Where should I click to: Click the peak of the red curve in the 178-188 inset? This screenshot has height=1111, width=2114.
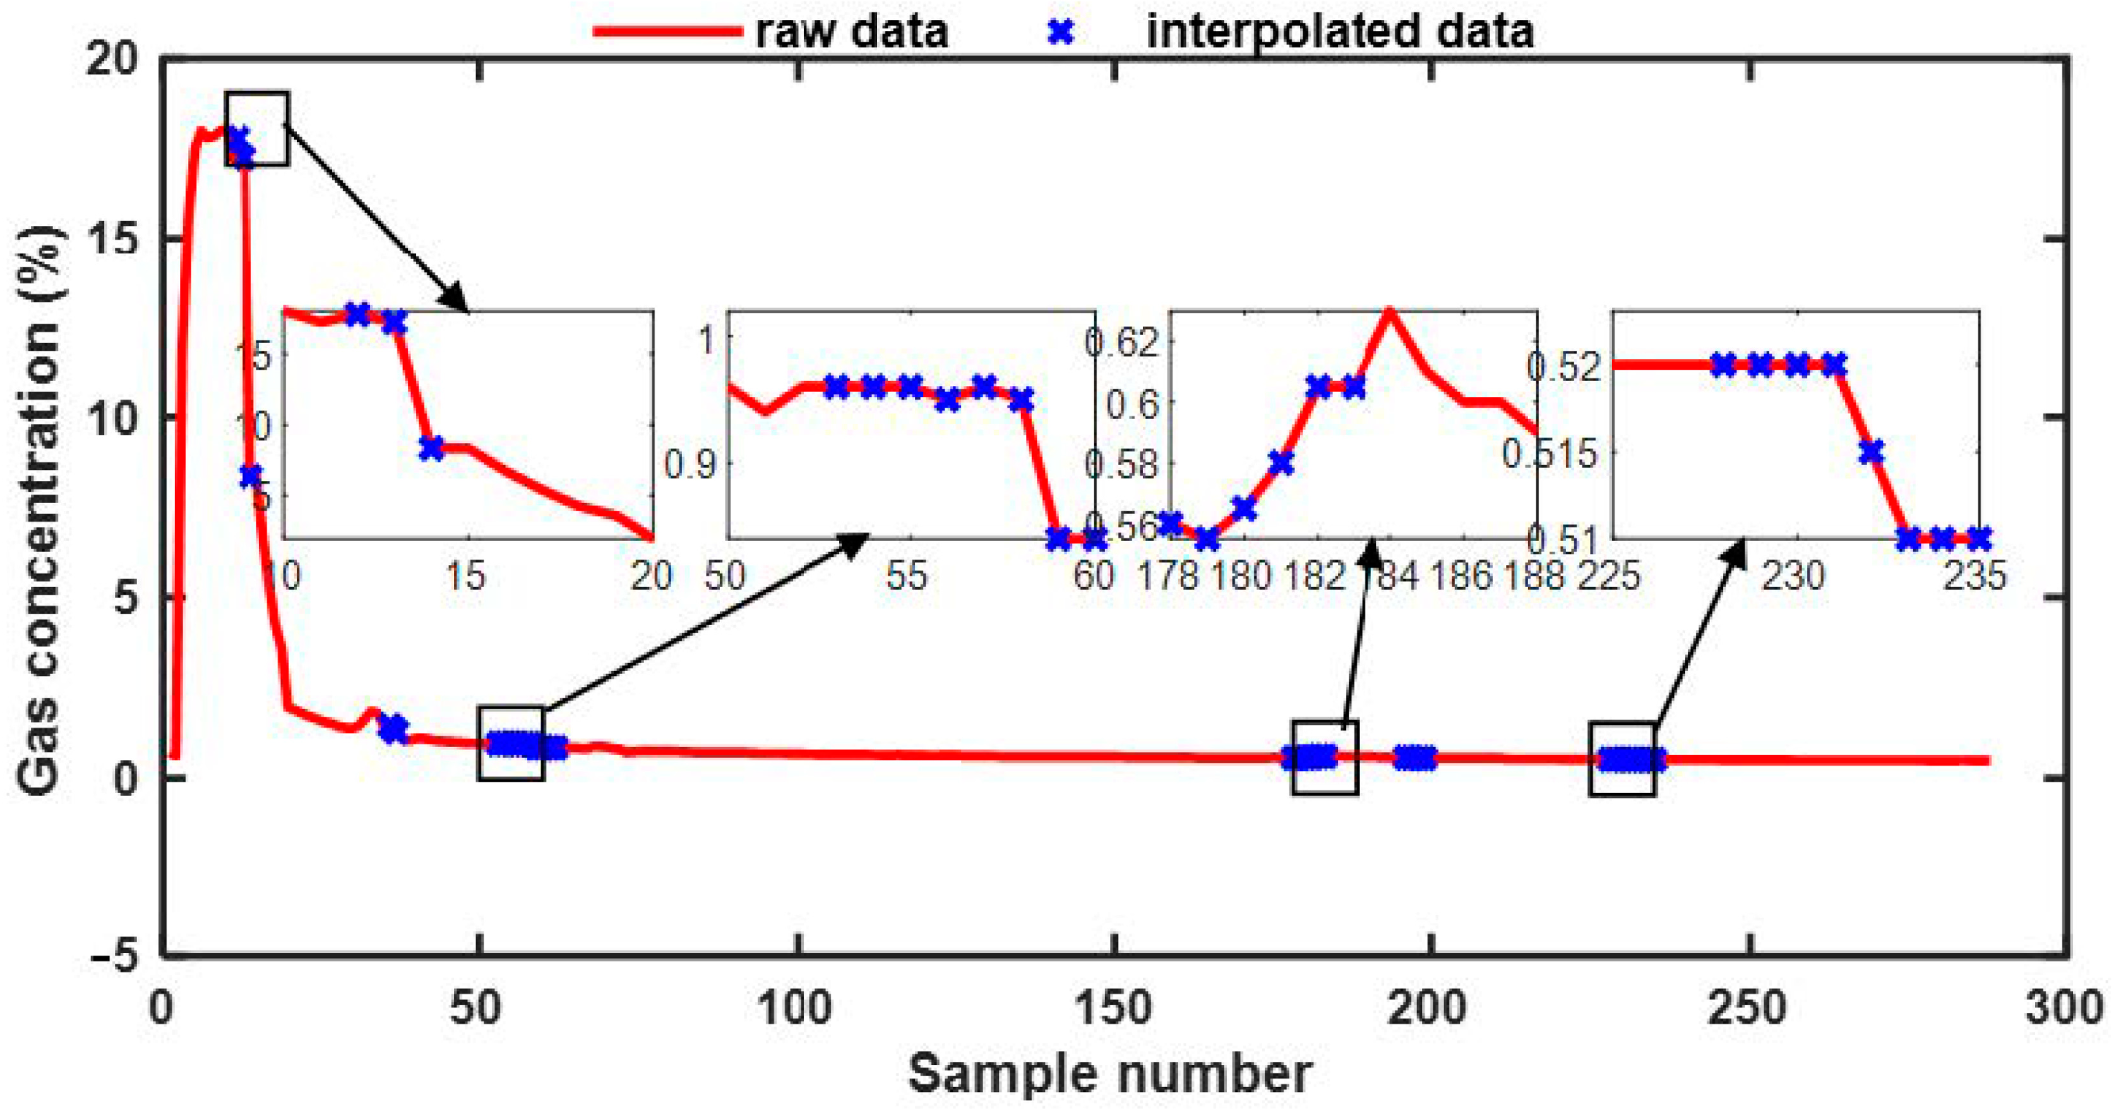pyautogui.click(x=1388, y=312)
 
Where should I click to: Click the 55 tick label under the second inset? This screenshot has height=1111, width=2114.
pyautogui.click(x=906, y=576)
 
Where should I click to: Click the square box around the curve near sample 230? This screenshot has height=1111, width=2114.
pyautogui.click(x=1621, y=760)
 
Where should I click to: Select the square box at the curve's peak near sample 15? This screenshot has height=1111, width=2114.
pyautogui.click(x=257, y=129)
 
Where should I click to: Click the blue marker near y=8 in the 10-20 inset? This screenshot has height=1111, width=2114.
pyautogui.click(x=431, y=448)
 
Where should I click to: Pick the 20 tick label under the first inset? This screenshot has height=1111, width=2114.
pyautogui.click(x=652, y=576)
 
